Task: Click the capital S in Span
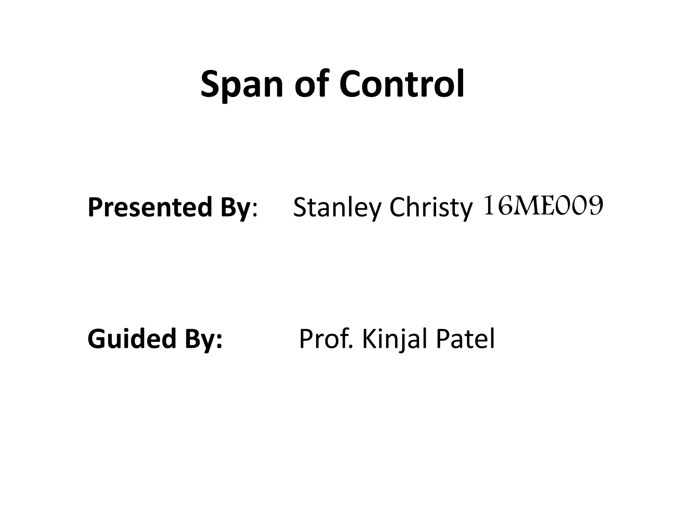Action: [x=212, y=84]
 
